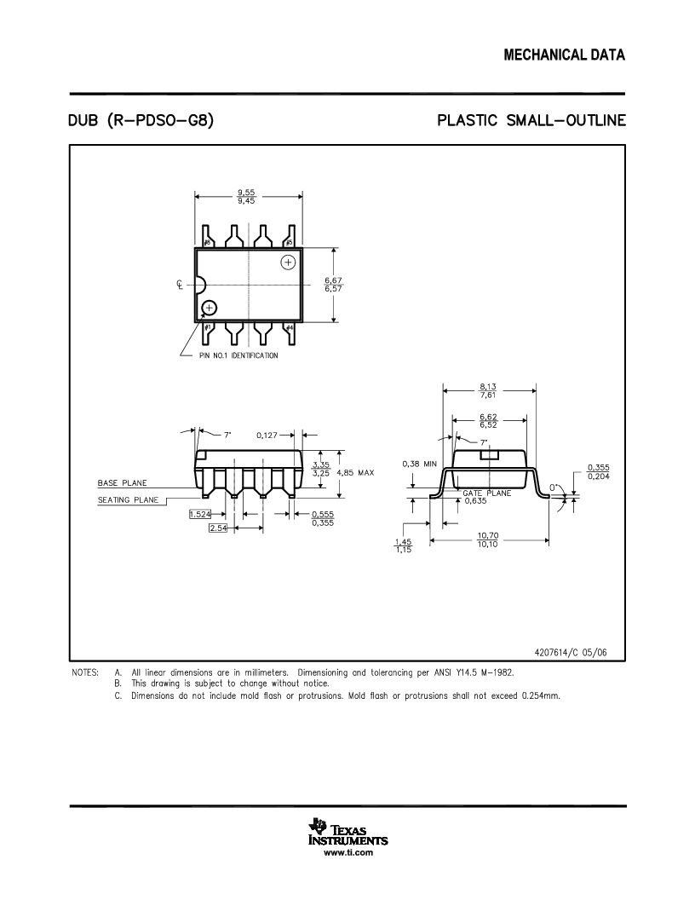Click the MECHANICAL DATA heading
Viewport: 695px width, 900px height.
coord(565,55)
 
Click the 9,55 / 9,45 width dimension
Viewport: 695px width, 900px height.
coord(247,197)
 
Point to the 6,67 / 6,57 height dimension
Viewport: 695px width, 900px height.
coord(335,285)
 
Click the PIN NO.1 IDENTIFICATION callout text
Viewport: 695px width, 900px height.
coord(238,355)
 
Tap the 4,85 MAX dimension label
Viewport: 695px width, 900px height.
coord(355,472)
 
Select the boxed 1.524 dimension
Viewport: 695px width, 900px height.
coord(200,514)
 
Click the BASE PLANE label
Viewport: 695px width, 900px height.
coord(122,483)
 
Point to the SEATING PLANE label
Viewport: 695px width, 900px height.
coord(125,500)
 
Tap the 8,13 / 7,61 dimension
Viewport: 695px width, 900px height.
coord(488,391)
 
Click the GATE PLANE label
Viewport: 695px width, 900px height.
coord(487,493)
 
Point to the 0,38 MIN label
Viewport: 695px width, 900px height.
coord(419,464)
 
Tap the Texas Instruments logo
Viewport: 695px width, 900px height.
coord(347,832)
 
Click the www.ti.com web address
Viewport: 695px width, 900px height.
coord(347,852)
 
